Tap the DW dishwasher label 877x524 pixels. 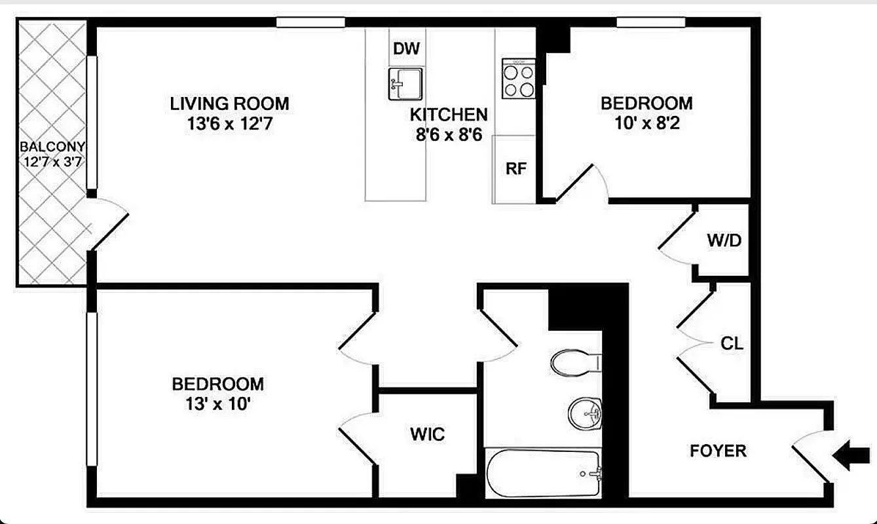click(x=406, y=48)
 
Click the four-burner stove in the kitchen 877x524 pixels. click(x=519, y=79)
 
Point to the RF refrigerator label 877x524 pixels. click(x=516, y=168)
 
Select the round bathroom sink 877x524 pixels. click(x=585, y=413)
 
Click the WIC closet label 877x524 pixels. click(x=428, y=434)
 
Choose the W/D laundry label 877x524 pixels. click(x=724, y=240)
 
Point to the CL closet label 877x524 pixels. click(x=732, y=343)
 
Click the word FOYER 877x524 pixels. click(x=718, y=451)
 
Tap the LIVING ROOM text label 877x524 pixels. click(x=229, y=103)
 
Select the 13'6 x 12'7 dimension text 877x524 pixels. click(x=229, y=123)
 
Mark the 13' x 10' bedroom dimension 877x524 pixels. click(x=218, y=404)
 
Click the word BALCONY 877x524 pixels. click(x=52, y=147)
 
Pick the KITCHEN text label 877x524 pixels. click(x=449, y=115)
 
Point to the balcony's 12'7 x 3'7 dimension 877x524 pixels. click(x=52, y=162)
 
